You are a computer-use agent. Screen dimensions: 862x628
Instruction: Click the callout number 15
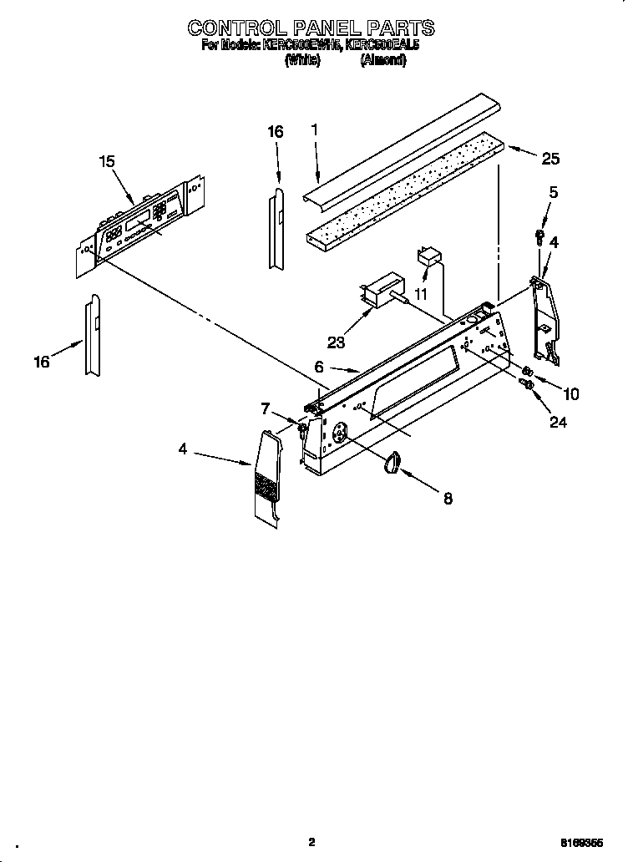click(x=106, y=161)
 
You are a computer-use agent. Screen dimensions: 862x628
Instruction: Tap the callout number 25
click(x=550, y=159)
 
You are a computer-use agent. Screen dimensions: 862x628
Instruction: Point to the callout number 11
click(x=422, y=295)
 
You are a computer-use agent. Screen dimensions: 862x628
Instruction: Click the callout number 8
click(x=448, y=499)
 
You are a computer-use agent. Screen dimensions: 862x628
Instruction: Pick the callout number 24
click(x=558, y=423)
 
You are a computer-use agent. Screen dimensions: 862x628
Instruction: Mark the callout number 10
click(x=572, y=393)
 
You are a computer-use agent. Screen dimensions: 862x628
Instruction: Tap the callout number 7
click(x=266, y=408)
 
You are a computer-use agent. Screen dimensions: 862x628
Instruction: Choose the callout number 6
click(x=318, y=367)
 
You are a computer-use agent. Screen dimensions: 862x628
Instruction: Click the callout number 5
click(x=554, y=192)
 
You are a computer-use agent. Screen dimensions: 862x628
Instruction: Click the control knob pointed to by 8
click(x=392, y=463)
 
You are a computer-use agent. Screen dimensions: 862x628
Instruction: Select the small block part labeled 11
click(x=429, y=256)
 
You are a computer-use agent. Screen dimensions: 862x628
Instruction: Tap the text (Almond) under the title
click(x=383, y=60)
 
